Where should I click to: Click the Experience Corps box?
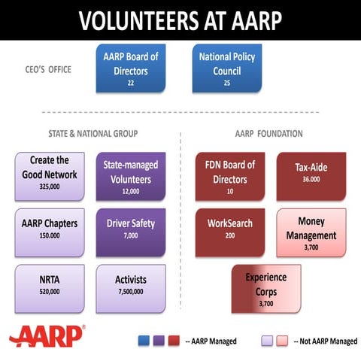point(265,288)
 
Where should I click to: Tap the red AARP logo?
point(47,337)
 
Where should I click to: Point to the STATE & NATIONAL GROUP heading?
point(88,134)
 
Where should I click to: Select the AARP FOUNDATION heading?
point(268,134)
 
